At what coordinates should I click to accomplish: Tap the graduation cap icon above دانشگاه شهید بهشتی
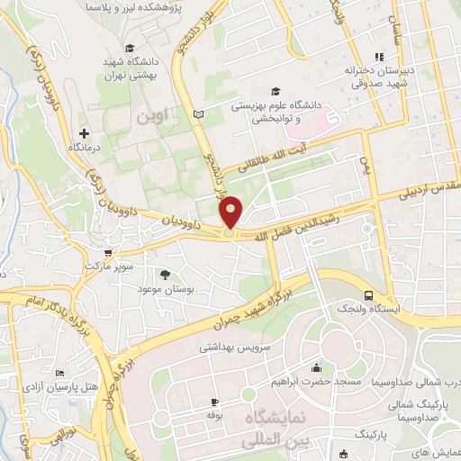[x=131, y=48]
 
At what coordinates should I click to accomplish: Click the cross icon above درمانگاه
[x=84, y=133]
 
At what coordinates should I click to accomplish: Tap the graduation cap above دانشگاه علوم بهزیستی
[x=275, y=91]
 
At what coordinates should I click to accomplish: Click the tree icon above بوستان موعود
[x=165, y=275]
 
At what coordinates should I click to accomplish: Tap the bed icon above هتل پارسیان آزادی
[x=60, y=374]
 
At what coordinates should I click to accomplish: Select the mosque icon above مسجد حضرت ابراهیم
[x=316, y=367]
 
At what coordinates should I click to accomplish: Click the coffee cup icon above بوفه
[x=214, y=402]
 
